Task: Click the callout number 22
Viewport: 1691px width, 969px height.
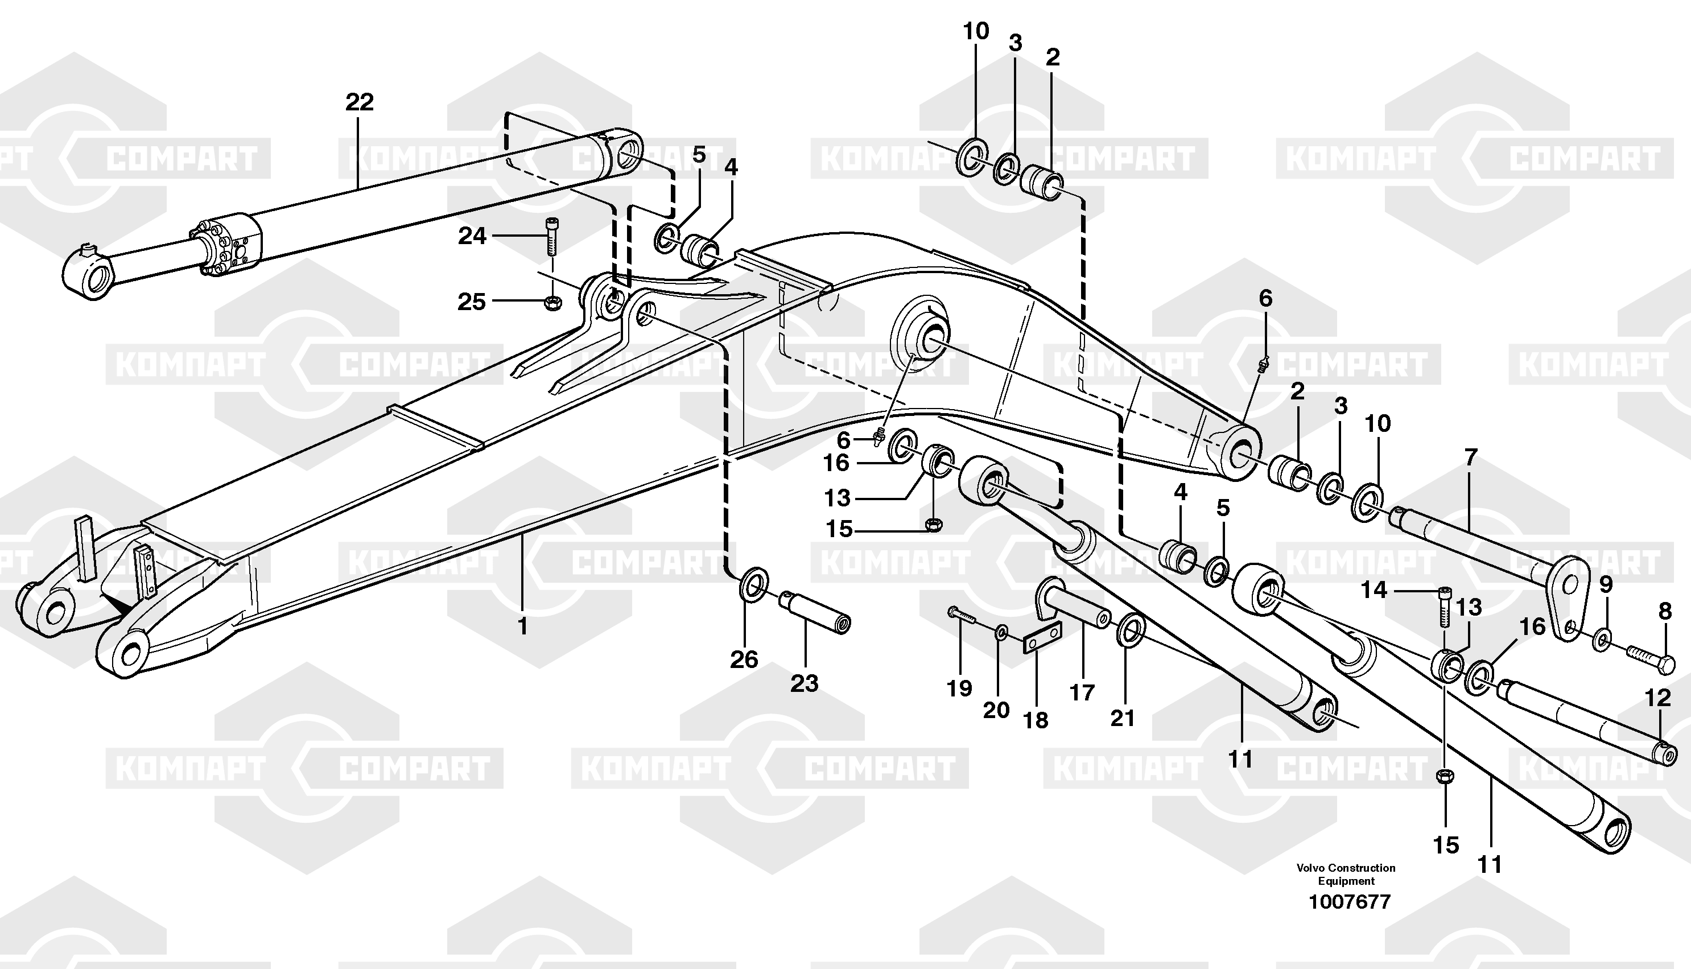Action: coord(360,102)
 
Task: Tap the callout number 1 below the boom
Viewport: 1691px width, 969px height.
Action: coord(522,626)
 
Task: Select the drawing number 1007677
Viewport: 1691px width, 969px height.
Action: coord(1349,902)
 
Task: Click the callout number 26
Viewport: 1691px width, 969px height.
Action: coord(744,659)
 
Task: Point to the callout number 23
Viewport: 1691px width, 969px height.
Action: coord(804,683)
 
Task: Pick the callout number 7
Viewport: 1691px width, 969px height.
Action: coord(1471,457)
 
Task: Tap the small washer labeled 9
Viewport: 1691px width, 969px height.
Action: coord(1602,640)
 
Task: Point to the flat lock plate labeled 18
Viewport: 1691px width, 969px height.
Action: coord(1041,638)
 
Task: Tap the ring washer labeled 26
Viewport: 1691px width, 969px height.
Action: coord(753,584)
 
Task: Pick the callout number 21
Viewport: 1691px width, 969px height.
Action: coord(1122,718)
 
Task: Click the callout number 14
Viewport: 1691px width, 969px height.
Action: coord(1374,589)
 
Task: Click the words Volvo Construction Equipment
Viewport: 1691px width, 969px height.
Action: coord(1346,875)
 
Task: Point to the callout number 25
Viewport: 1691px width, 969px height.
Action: coord(472,302)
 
